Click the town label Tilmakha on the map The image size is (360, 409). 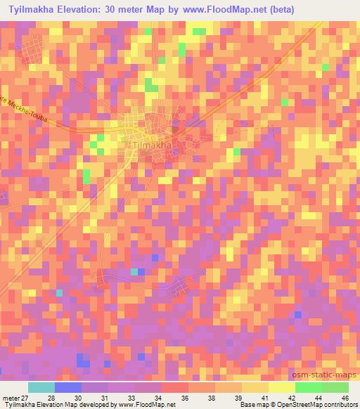[x=151, y=146]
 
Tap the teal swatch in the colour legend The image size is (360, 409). [x=41, y=387]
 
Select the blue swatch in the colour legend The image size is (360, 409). [x=68, y=387]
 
